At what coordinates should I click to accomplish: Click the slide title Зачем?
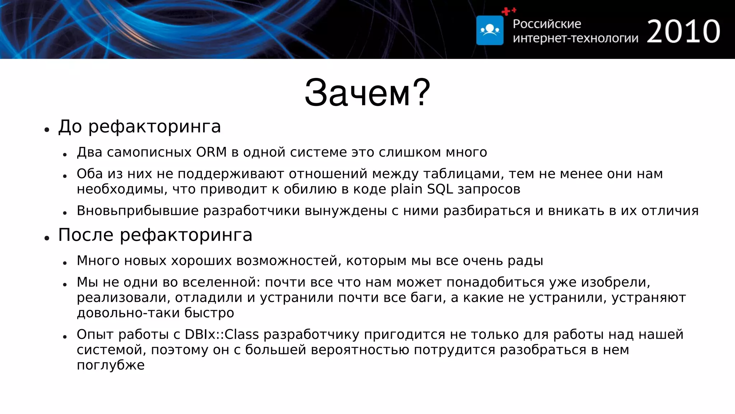[x=367, y=93]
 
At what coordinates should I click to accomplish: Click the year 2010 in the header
[x=683, y=32]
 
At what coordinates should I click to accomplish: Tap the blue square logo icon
[x=490, y=30]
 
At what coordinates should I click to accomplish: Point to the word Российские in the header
[x=547, y=24]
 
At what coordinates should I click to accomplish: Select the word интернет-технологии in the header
[x=575, y=38]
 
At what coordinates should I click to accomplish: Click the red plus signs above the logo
[x=509, y=11]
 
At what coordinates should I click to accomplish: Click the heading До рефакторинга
[x=139, y=126]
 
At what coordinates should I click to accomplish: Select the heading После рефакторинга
[x=155, y=235]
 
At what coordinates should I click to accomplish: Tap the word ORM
[x=211, y=152]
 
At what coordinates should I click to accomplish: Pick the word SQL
[x=440, y=189]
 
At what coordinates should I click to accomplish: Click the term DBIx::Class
[x=221, y=335]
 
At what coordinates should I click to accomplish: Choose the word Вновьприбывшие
[x=137, y=211]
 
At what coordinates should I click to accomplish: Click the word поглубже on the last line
[x=111, y=365]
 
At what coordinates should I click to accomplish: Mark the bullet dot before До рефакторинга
[x=47, y=129]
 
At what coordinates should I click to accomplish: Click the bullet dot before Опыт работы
[x=65, y=337]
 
